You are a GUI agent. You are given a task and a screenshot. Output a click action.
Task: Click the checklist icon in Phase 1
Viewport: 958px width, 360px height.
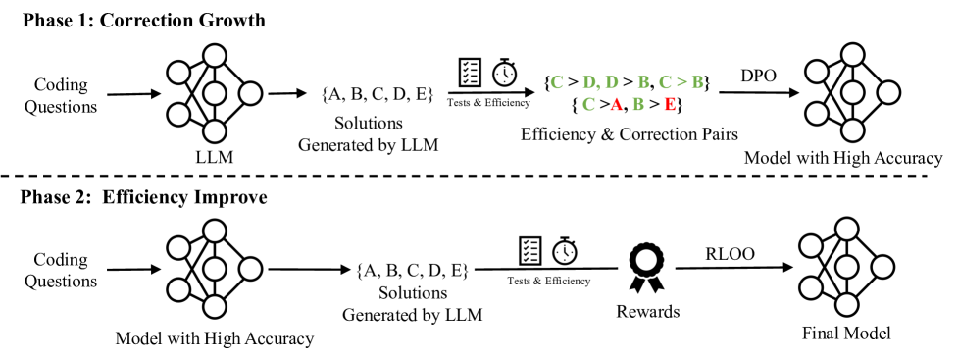point(471,71)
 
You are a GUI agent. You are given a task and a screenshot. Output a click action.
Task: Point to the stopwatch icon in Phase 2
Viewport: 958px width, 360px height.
point(565,250)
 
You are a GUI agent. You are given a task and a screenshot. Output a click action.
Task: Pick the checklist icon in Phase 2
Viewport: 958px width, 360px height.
point(530,250)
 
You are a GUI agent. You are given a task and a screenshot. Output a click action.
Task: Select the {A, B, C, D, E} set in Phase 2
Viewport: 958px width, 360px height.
point(411,269)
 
